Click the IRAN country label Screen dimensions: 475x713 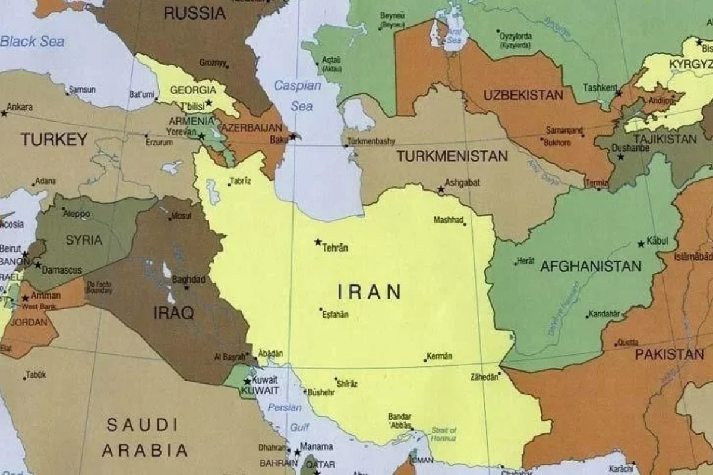tap(369, 292)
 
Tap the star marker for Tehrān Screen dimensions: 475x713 tap(318, 242)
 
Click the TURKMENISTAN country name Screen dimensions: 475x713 tap(452, 156)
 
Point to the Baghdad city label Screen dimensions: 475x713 tap(188, 279)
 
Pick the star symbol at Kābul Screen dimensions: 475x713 tap(641, 243)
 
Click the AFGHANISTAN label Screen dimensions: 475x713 tap(591, 267)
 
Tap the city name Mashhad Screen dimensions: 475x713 tap(448, 220)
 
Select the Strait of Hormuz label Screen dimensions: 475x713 tap(443, 434)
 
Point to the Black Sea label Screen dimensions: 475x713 tap(32, 42)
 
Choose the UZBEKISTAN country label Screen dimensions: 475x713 tap(523, 95)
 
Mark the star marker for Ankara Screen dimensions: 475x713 tap(4, 112)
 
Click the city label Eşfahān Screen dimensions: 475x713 tap(336, 315)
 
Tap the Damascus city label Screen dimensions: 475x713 tap(62, 270)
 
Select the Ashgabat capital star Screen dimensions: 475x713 tap(440, 189)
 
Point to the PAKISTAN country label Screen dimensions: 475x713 tap(670, 355)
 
